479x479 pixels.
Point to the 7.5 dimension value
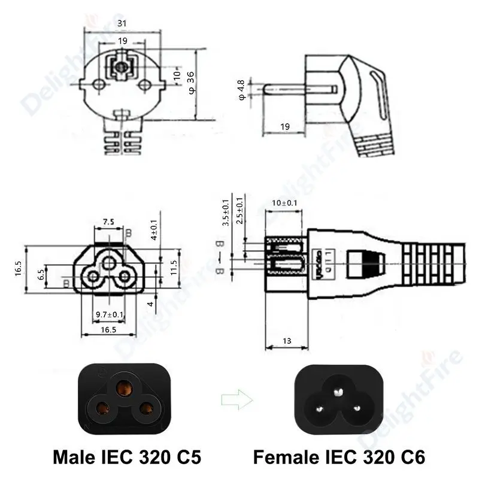point(109,222)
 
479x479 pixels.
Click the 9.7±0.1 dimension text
point(110,314)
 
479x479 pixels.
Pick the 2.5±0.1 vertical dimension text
point(240,211)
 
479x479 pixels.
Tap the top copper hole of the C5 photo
point(126,385)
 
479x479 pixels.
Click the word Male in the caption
point(79,458)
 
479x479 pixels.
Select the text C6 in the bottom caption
point(411,458)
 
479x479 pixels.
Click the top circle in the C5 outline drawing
point(109,261)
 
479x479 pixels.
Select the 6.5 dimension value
point(41,275)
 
